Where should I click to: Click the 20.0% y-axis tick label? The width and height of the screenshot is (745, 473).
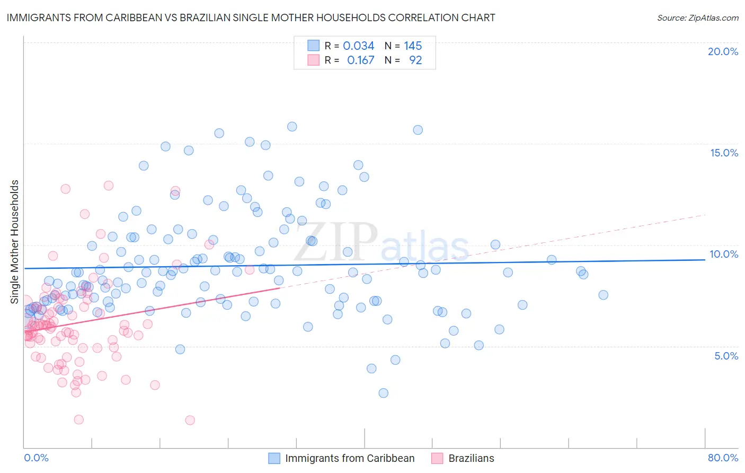(723, 51)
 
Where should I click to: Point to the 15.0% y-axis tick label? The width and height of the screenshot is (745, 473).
(724, 153)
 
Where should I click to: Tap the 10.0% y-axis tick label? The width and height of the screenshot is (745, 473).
(724, 254)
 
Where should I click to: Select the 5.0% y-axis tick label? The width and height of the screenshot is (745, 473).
(726, 356)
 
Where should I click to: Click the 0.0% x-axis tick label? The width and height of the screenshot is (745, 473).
(36, 458)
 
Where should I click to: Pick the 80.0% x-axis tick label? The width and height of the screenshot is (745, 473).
(723, 458)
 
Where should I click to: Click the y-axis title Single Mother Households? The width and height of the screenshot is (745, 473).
(15, 242)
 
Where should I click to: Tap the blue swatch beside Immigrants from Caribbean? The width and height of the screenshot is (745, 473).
(274, 458)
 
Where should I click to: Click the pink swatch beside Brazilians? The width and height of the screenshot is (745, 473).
(437, 458)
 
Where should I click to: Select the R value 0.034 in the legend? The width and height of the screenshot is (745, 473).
(359, 46)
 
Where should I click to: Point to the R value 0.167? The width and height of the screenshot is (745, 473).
(360, 60)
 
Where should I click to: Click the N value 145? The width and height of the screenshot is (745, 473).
(413, 46)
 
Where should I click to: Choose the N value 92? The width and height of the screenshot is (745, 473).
(415, 60)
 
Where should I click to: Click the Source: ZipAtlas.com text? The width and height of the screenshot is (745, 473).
(697, 18)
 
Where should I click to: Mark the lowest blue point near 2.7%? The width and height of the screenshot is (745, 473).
(383, 393)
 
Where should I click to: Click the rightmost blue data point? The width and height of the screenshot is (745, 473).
(603, 295)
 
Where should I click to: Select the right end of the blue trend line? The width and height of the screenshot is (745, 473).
(705, 260)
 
